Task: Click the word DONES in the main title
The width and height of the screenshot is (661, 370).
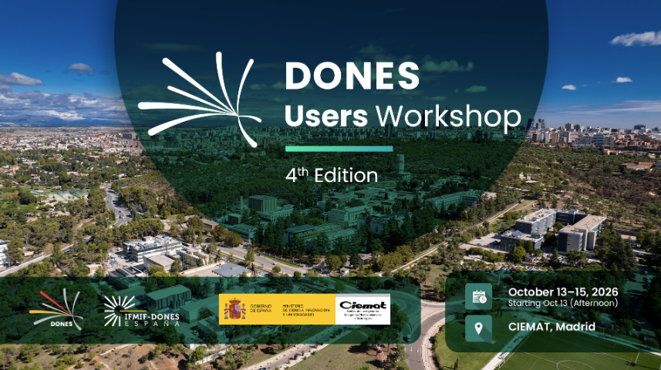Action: tap(352, 76)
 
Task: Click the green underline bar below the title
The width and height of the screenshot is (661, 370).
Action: tap(339, 148)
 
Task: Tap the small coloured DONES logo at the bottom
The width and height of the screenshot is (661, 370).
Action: tap(55, 309)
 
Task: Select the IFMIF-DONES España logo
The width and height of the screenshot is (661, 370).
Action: tap(141, 309)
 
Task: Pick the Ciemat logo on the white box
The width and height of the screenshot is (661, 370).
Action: tap(363, 309)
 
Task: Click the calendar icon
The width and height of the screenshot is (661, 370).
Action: tap(478, 297)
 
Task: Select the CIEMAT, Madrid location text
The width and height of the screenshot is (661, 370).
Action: tap(551, 328)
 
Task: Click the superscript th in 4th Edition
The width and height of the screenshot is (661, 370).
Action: tap(301, 167)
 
